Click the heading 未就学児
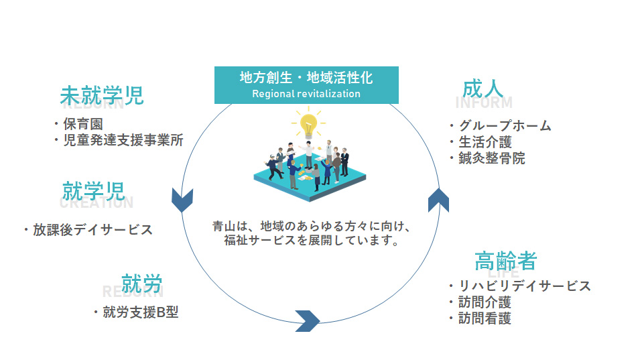coord(101,95)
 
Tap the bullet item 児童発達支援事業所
coord(123,140)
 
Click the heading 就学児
coord(94,191)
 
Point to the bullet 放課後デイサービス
coord(92,230)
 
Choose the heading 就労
coord(141,284)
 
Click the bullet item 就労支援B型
coord(140,312)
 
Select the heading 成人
coord(483,89)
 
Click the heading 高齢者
coord(505,260)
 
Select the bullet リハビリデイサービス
coord(523,286)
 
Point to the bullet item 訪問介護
coord(484,302)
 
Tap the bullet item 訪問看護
coord(484,319)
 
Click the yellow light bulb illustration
coord(308,125)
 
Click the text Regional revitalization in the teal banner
coord(306,94)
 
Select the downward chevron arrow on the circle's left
coord(182,200)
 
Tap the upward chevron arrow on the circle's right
coord(438,199)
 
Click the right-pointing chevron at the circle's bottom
coord(307,321)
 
